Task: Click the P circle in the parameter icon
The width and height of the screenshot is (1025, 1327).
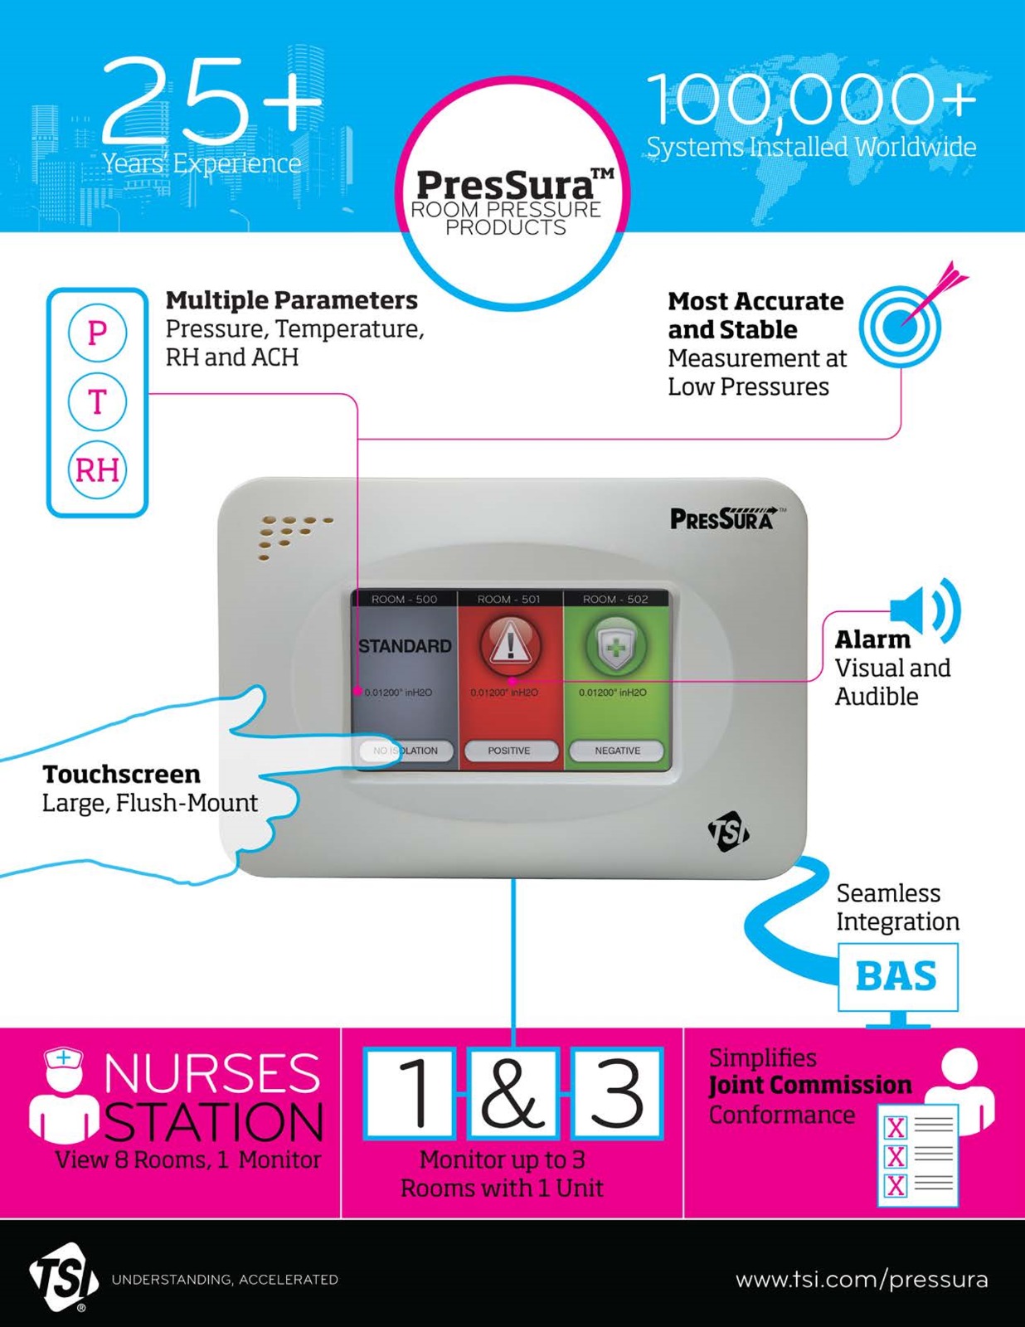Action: point(97,333)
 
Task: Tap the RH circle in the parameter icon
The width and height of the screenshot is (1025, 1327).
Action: point(97,470)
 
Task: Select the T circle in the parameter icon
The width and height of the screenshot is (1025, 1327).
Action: point(97,401)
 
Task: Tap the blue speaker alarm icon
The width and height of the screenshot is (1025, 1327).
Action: point(925,610)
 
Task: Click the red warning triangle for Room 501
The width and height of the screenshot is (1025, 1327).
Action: point(510,645)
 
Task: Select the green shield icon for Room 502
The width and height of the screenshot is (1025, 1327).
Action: point(616,645)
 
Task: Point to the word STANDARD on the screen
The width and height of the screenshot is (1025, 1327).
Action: point(405,646)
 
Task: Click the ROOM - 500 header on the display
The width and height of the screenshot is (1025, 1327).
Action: point(404,599)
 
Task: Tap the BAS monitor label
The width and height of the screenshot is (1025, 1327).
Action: point(896,976)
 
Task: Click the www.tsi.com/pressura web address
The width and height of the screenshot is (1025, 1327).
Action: point(862,1279)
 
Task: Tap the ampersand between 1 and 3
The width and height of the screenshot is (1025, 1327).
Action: point(512,1092)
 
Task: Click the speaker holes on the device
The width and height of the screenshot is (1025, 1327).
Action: point(293,535)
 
